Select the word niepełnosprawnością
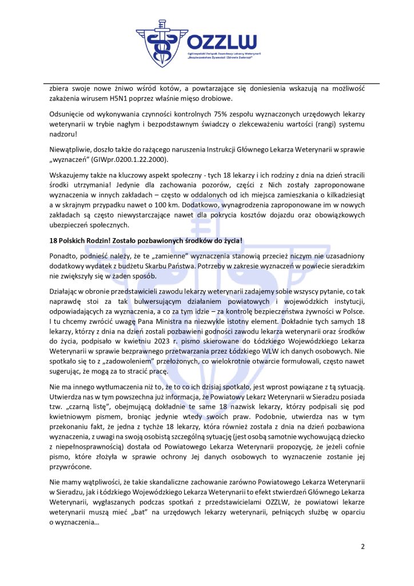pyautogui.click(x=84, y=443)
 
